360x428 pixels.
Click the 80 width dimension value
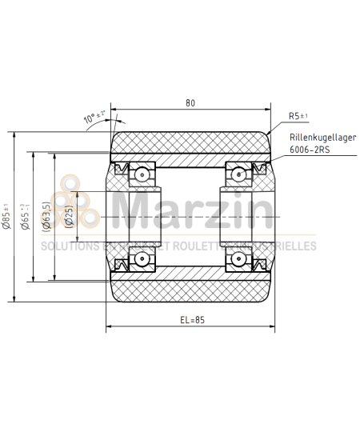point(190,102)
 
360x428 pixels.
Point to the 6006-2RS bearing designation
point(309,149)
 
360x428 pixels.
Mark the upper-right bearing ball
point(238,173)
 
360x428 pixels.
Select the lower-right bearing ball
point(238,258)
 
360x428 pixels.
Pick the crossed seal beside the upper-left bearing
point(122,168)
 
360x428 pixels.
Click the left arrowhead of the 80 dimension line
point(114,109)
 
